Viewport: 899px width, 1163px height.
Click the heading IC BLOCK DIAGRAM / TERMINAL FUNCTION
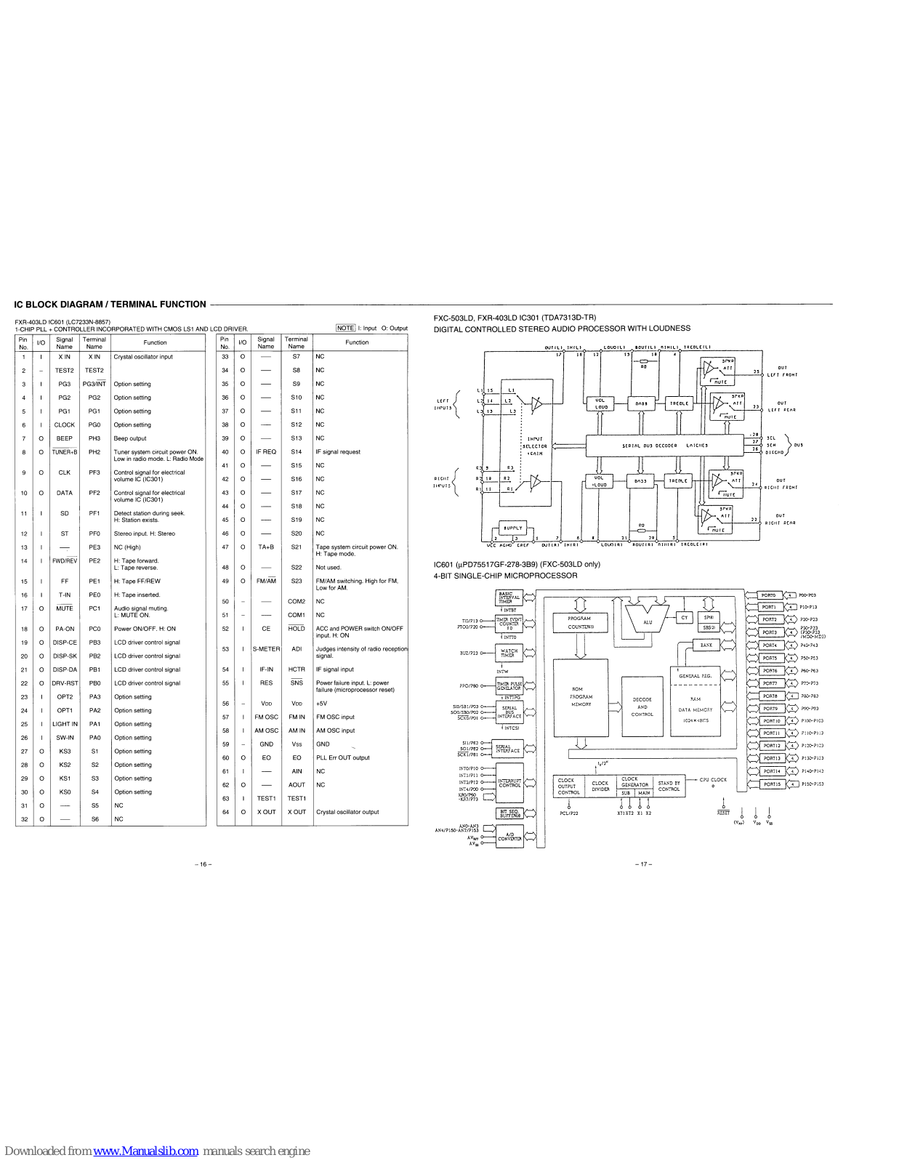pos(110,305)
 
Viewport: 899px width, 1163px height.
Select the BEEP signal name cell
pos(65,438)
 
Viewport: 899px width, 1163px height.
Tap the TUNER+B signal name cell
pos(65,452)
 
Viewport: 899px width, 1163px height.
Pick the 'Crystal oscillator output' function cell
pos(347,812)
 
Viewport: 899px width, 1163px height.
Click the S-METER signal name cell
pos(266,649)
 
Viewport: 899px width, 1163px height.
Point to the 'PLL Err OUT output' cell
pos(342,757)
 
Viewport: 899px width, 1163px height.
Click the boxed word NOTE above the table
pos(346,328)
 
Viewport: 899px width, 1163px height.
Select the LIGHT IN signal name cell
pos(65,724)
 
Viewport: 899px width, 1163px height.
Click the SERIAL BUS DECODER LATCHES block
pos(664,446)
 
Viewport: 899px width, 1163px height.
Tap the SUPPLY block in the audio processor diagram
pos(513,528)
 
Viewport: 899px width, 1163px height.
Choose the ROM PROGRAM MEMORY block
pos(581,697)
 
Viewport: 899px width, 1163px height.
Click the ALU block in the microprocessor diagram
pos(648,621)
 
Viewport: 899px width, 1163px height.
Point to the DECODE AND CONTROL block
pos(642,707)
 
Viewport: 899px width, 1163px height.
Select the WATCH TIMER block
pos(509,652)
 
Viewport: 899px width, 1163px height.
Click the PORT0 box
pos(768,595)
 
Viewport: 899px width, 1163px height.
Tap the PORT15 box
pos(772,784)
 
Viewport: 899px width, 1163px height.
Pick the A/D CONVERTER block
pos(509,837)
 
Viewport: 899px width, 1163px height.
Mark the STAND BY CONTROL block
pos(669,786)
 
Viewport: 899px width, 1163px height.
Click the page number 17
pos(643,864)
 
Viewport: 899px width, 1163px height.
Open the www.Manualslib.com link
pos(146,1151)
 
